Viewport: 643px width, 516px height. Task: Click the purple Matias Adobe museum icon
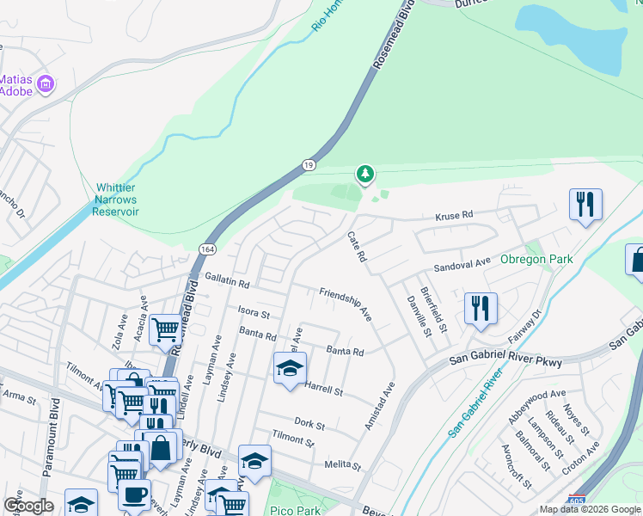pos(46,83)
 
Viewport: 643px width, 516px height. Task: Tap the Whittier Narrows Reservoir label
pos(116,199)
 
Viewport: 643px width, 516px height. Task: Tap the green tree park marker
pos(365,175)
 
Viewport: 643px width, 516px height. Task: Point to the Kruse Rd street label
pos(455,214)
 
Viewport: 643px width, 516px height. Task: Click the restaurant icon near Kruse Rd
pos(585,205)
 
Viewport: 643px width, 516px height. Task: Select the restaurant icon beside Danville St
pos(481,308)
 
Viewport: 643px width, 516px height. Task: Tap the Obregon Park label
pos(536,259)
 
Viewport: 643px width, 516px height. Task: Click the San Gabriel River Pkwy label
pos(506,363)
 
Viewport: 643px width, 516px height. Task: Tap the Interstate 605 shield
pos(578,501)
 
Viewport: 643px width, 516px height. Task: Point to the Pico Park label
pos(295,510)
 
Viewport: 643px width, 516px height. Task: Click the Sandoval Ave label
pos(461,262)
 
